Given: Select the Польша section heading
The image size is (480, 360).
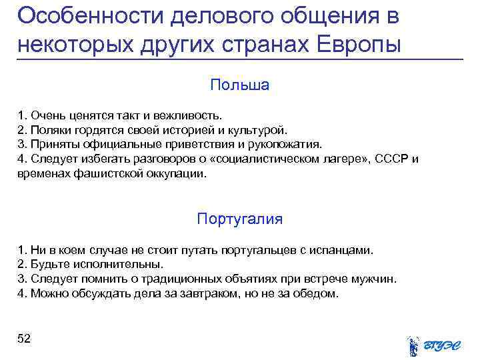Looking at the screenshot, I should pyautogui.click(x=239, y=85).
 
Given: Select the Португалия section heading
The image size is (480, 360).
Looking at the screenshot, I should pyautogui.click(x=239, y=219).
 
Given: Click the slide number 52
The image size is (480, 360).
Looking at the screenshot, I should pyautogui.click(x=24, y=339).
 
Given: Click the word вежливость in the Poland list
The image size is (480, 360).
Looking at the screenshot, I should pyautogui.click(x=195, y=115).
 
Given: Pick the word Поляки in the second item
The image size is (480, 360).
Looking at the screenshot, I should pyautogui.click(x=51, y=130).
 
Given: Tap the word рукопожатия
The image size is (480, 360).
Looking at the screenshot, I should pyautogui.click(x=287, y=144).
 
